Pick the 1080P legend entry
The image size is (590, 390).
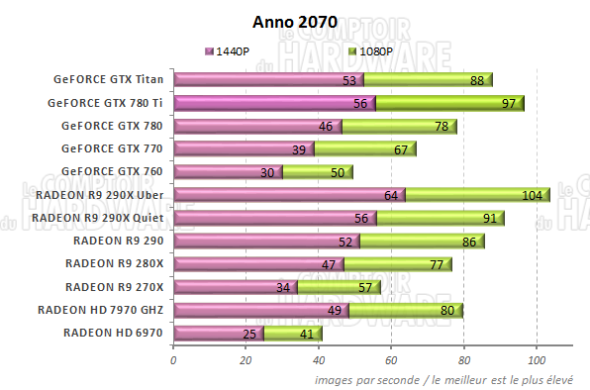[x=375, y=49]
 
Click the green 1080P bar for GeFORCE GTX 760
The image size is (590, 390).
[x=317, y=172]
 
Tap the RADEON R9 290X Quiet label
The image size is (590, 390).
[x=97, y=218]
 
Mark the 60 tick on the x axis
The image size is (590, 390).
[x=391, y=360]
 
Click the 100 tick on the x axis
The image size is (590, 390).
[x=537, y=360]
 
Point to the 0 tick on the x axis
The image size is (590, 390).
[x=174, y=360]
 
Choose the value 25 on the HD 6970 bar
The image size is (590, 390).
[x=249, y=334]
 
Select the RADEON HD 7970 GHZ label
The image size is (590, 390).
[x=100, y=310]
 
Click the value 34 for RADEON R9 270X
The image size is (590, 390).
[x=283, y=288]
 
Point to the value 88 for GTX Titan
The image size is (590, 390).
[x=479, y=80]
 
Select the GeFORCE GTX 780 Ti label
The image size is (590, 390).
[x=105, y=102]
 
